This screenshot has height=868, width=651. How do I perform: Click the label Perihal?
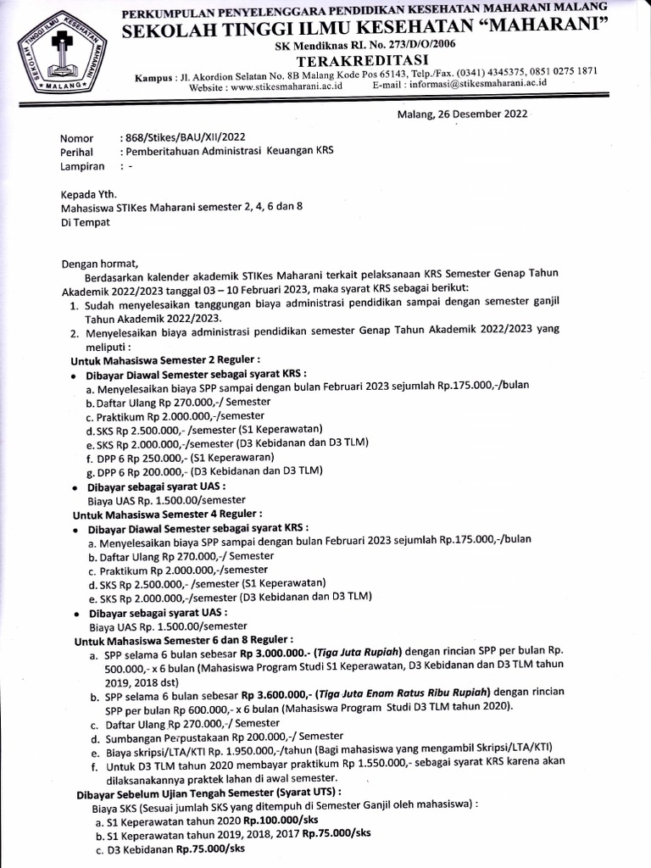tap(75, 152)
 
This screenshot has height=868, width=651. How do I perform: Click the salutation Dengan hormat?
tap(98, 264)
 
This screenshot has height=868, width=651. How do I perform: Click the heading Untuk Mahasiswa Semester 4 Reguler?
tap(167, 513)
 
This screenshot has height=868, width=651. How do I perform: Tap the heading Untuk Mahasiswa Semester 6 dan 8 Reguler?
tap(185, 639)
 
